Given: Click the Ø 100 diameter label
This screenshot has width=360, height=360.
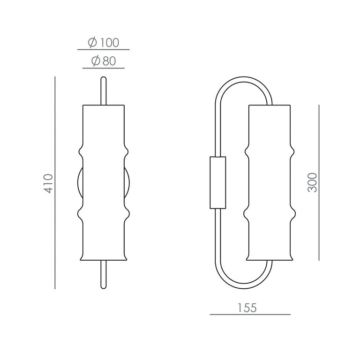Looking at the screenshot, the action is (x=103, y=43).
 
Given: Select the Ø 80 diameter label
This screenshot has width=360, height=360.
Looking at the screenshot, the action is (x=103, y=61).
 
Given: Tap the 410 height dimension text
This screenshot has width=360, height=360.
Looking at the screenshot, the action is (x=48, y=183).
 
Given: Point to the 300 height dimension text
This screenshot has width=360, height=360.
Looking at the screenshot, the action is (x=312, y=182).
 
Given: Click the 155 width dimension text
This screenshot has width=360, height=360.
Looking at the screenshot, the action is (x=247, y=308).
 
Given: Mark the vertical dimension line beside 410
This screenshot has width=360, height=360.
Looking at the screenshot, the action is (x=55, y=183).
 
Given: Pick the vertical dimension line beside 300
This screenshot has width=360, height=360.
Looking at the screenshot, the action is (x=319, y=183).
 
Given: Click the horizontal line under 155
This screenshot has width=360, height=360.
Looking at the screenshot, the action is (x=250, y=315).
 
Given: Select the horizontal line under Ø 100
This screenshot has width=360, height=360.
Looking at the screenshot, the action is (x=103, y=49).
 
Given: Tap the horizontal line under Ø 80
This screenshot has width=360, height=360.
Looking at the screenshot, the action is (x=103, y=68).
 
